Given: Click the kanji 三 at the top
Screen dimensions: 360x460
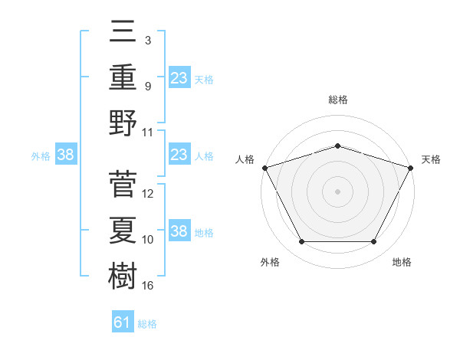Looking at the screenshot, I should point(123,33).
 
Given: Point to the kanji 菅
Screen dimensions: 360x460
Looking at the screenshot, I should point(123,184).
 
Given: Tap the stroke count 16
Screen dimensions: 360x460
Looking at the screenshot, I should point(148,286).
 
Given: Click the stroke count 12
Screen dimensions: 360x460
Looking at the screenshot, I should point(148,194).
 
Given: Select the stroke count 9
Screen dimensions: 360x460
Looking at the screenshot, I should point(148,86).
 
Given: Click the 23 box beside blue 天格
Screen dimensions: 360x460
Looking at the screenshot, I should point(179,77).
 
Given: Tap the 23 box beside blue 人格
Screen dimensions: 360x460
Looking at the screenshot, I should point(179,155).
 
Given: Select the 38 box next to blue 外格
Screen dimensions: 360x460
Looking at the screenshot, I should point(65,155).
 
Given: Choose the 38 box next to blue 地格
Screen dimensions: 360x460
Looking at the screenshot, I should point(179,231).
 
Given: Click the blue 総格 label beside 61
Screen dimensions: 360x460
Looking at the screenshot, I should point(147,324).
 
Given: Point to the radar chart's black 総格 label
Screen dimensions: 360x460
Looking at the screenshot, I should point(337,100).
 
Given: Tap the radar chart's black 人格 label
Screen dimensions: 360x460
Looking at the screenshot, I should point(245,159).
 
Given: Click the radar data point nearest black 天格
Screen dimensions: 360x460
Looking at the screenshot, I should point(411,167).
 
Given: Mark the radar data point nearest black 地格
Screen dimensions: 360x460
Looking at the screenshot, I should point(373,242).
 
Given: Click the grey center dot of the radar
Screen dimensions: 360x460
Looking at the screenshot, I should point(337,191).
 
